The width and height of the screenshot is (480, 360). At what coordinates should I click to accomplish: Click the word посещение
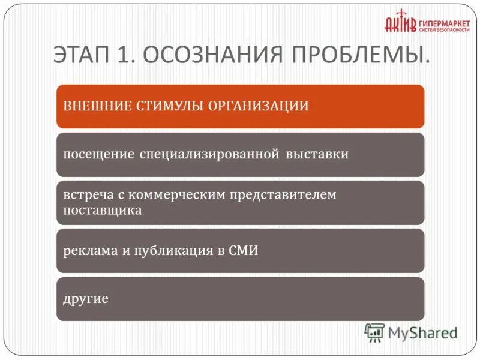[98, 154]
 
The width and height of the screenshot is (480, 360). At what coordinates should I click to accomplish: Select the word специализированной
[210, 154]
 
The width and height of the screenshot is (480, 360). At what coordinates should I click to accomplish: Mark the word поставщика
[102, 211]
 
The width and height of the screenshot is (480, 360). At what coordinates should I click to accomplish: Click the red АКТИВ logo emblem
[400, 22]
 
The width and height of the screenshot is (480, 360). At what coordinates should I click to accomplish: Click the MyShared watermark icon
[374, 332]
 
